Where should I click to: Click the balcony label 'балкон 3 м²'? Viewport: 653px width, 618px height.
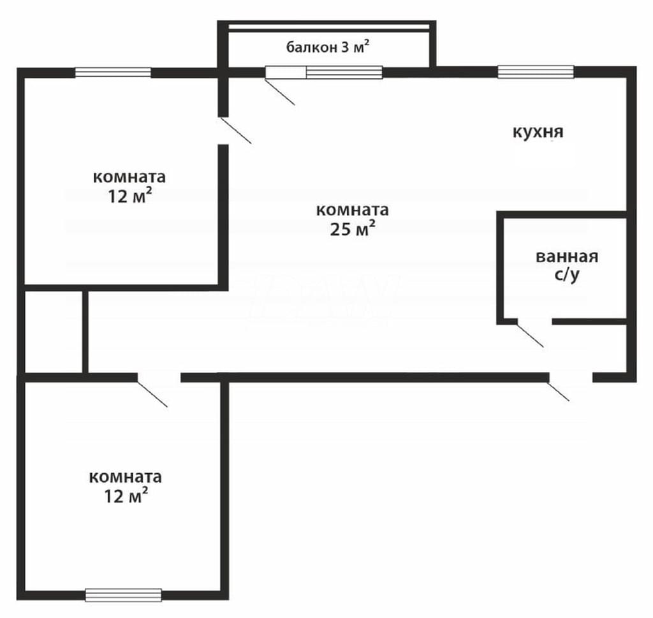328,47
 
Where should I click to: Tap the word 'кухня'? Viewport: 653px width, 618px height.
538,132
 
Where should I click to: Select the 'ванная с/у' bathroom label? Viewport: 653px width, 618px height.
567,266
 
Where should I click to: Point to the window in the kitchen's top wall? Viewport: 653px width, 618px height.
536,72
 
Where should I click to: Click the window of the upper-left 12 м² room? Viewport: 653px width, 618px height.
113,73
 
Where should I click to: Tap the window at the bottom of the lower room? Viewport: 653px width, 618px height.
123,595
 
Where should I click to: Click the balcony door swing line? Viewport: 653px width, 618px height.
280,91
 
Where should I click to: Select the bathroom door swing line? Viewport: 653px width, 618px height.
530,335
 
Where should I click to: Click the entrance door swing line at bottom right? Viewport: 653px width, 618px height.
559,391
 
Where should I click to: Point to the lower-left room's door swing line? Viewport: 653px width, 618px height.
152,393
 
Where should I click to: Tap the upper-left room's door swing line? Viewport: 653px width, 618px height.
235,130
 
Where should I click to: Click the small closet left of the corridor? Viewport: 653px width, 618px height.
54,332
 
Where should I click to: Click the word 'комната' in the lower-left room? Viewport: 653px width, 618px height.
126,477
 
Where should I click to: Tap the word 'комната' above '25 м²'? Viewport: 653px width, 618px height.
352,210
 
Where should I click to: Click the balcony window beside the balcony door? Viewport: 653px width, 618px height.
344,72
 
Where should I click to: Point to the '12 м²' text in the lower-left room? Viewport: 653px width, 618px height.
126,496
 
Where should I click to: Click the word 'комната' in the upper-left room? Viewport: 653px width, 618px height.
129,177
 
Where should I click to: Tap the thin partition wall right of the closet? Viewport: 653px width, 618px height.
85,332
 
